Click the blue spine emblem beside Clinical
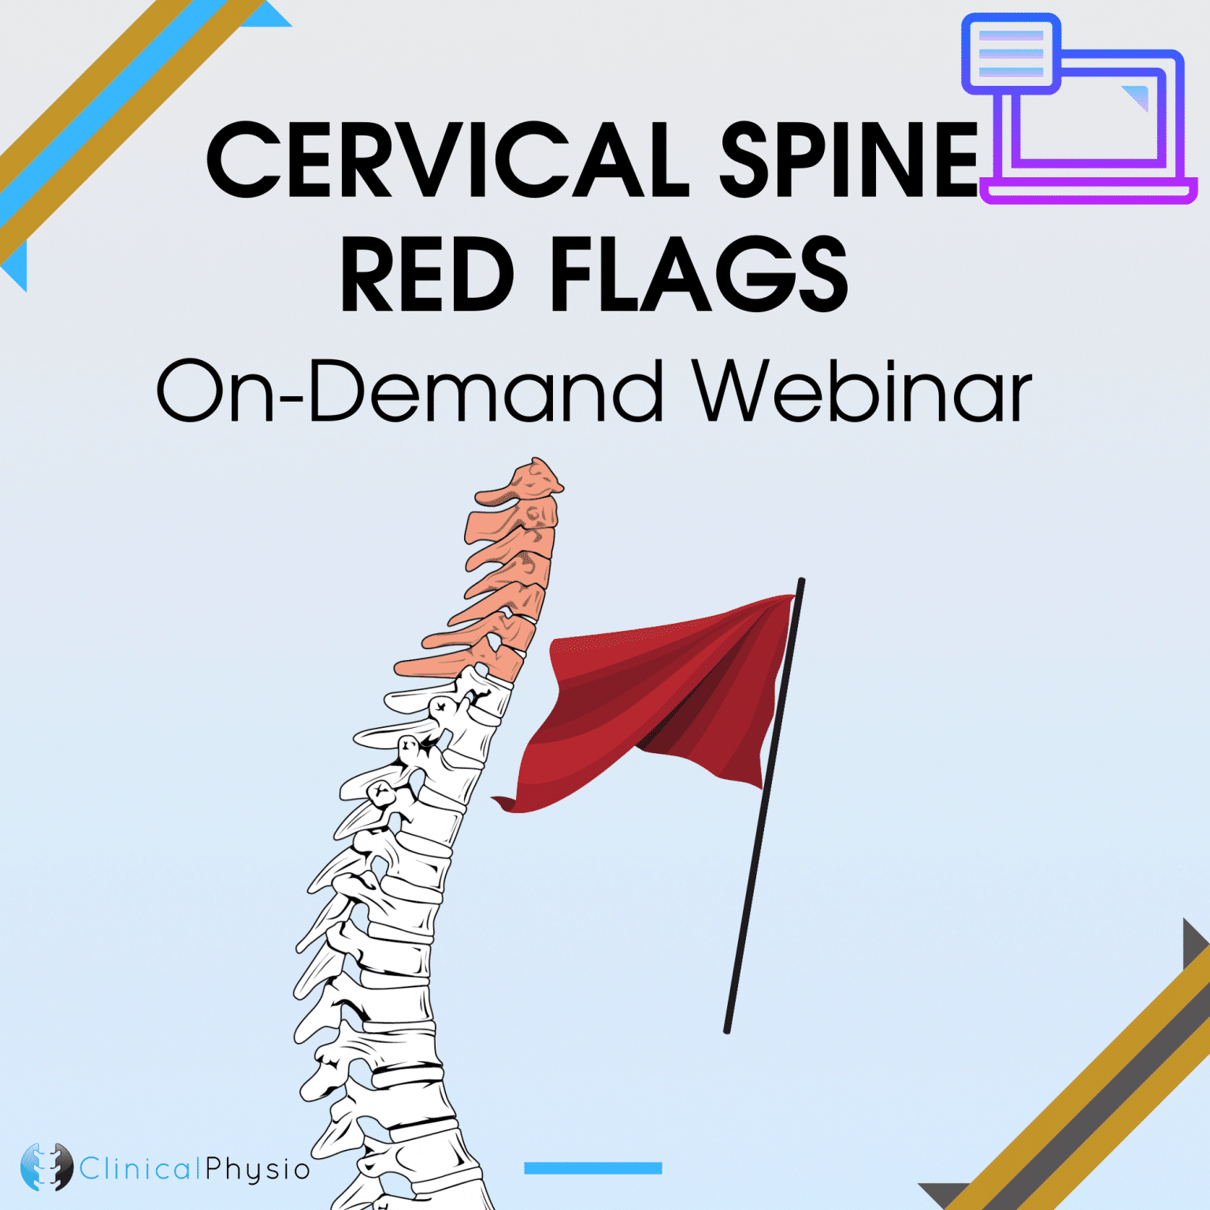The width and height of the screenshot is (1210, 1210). (x=46, y=1167)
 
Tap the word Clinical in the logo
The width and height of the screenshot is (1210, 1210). (x=140, y=1168)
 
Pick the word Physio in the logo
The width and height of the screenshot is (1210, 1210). (x=258, y=1169)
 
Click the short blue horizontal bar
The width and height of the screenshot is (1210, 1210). (x=592, y=1168)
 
